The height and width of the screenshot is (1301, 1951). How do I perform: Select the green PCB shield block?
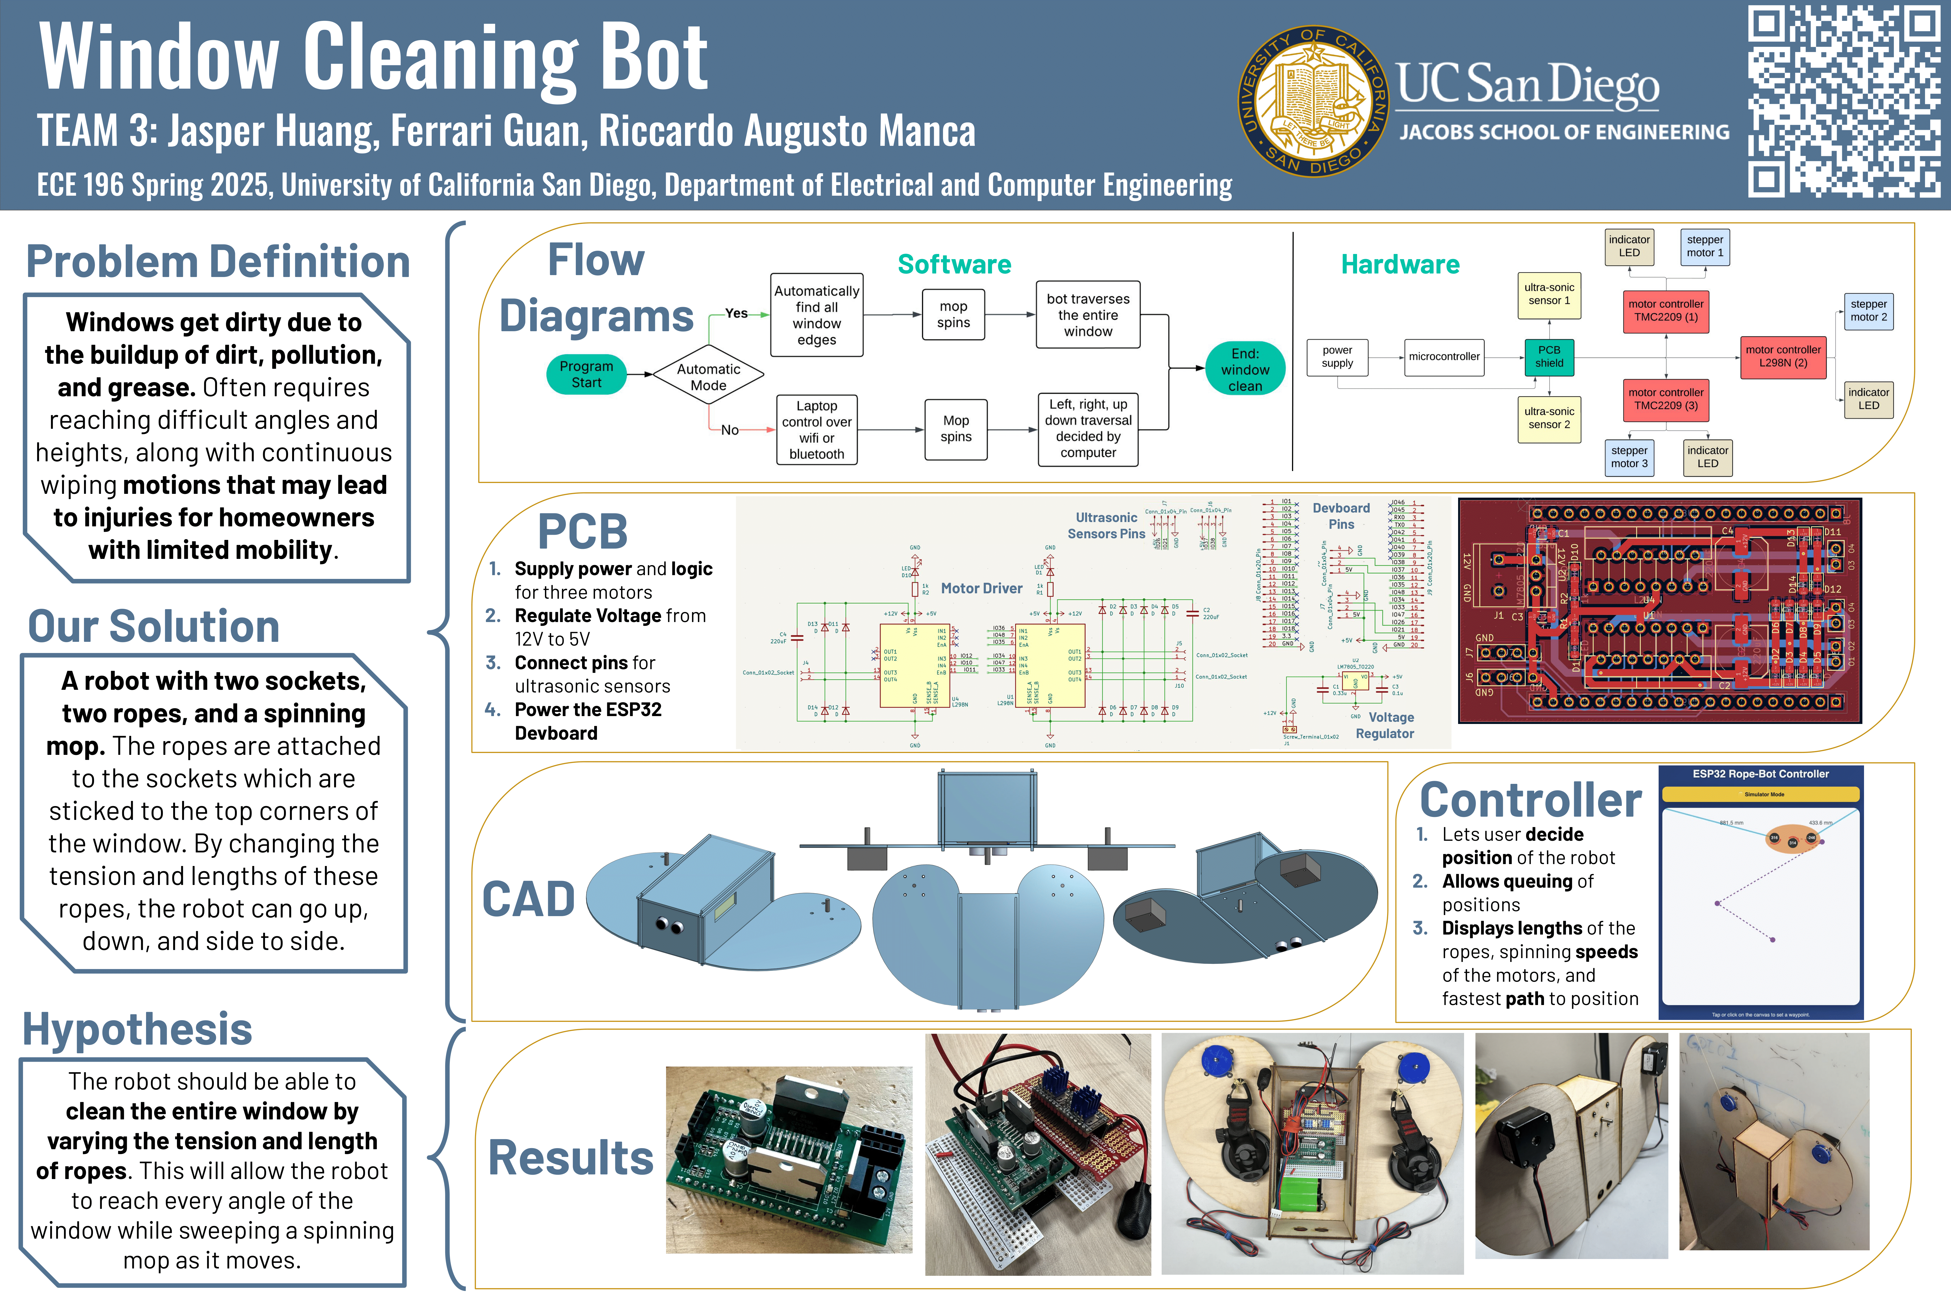coord(1549,357)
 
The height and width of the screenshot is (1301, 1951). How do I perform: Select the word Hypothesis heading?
coord(138,1030)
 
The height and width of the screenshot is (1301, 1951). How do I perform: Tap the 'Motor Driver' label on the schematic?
coord(981,588)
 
